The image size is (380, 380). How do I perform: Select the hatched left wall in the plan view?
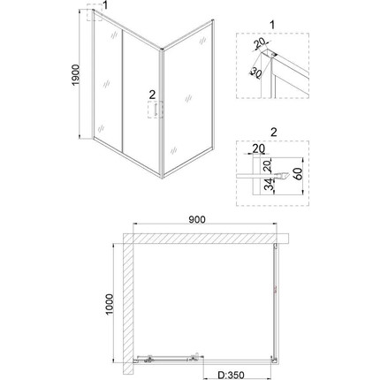coord(127,300)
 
